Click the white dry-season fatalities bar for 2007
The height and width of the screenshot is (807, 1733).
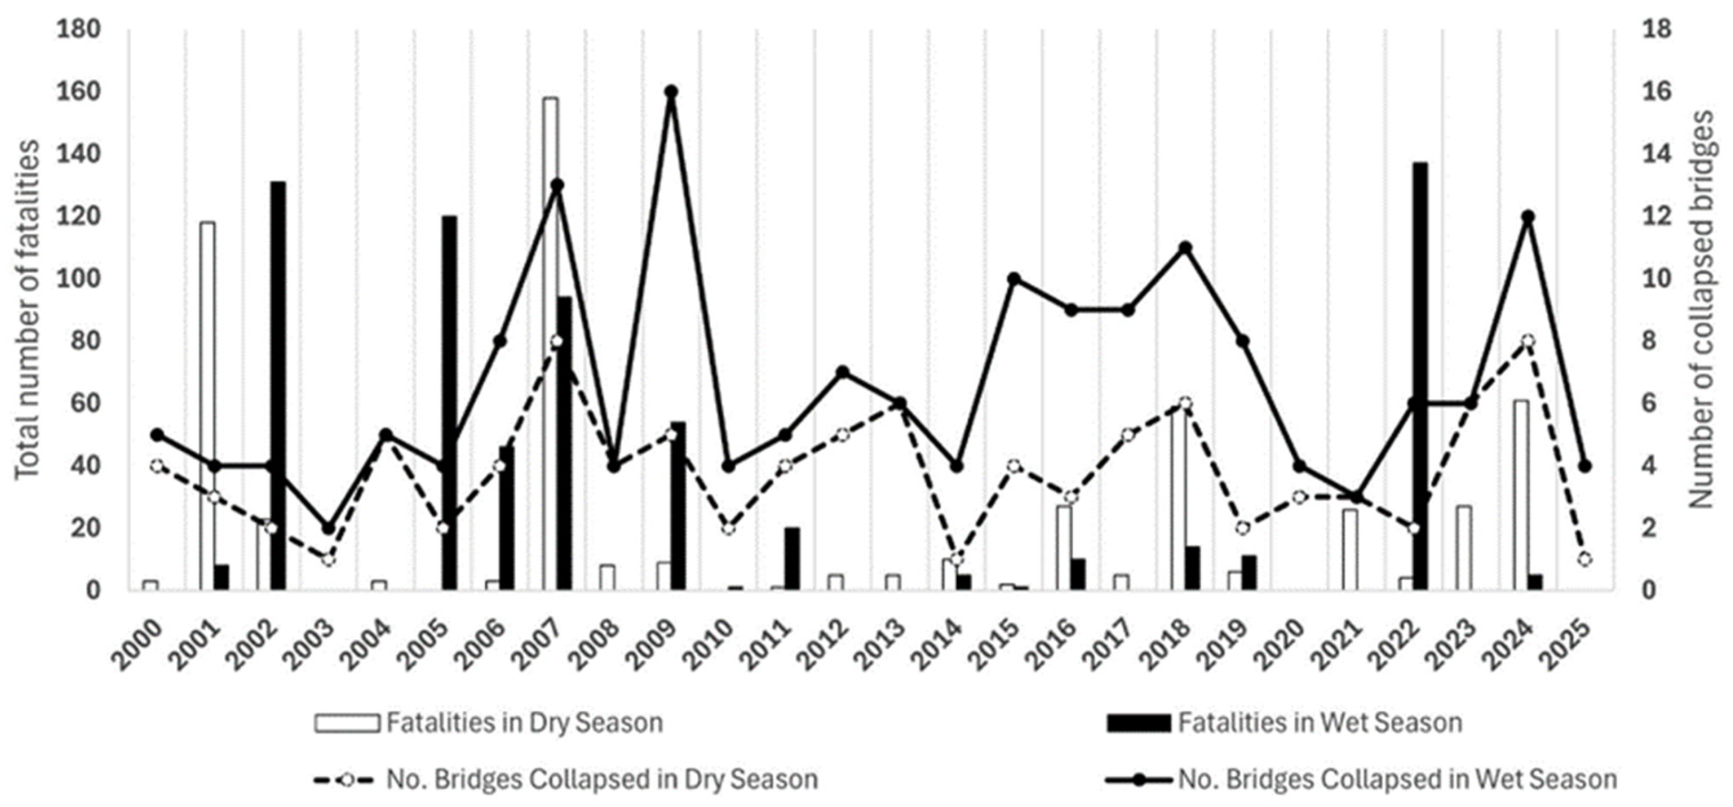click(x=550, y=344)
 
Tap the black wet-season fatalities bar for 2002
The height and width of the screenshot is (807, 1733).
click(x=278, y=387)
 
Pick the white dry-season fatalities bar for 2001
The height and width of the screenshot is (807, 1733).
click(x=207, y=407)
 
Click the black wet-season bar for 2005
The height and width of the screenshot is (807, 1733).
click(x=449, y=403)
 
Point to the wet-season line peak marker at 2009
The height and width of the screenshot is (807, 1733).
click(x=671, y=91)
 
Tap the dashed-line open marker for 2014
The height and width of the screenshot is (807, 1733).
click(x=957, y=559)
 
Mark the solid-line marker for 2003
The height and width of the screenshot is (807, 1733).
click(x=328, y=528)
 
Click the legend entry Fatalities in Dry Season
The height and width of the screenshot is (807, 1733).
click(x=489, y=723)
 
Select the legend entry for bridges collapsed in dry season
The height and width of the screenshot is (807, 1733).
click(x=566, y=779)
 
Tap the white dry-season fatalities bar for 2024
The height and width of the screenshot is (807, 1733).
click(x=1521, y=496)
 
